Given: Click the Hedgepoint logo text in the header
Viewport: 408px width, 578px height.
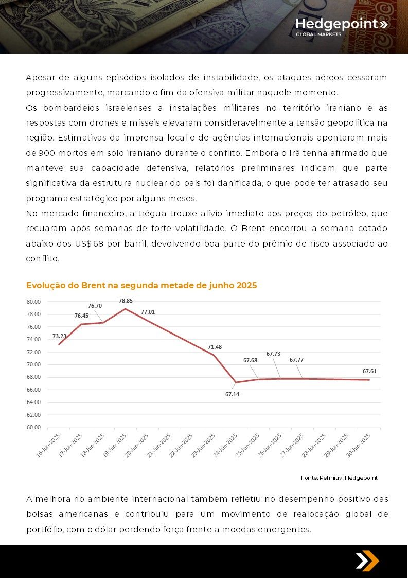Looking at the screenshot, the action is tap(341, 24).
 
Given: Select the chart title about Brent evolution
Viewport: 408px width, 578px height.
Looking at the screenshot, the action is tap(141, 285).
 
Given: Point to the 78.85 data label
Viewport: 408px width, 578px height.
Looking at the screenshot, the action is tap(126, 301).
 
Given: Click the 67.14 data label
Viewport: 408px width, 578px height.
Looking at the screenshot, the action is tap(232, 394).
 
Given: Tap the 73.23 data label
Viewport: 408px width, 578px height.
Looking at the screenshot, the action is tap(59, 336).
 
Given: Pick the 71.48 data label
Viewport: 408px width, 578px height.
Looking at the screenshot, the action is tap(215, 347).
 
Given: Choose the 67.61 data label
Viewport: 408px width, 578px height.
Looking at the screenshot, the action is tap(369, 371).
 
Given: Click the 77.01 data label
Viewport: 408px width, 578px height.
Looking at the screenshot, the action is tap(148, 312).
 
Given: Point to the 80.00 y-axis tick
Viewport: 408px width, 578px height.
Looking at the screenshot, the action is tap(33, 302).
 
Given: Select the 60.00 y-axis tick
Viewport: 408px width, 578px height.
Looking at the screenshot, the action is tap(33, 427).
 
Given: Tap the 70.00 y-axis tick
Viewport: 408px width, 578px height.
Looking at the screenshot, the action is tap(33, 364).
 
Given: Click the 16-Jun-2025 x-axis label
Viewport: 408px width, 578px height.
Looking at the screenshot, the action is tap(48, 445).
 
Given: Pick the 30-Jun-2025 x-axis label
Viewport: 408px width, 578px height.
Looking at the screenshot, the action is tap(358, 445).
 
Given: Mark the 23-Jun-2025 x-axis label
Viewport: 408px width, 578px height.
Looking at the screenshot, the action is tap(203, 445).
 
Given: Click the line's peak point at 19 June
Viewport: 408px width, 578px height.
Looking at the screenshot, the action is tap(126, 308).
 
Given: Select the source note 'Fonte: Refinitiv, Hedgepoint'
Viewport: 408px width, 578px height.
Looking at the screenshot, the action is tap(339, 478).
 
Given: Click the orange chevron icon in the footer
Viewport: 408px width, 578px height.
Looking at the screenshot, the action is tap(367, 561).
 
